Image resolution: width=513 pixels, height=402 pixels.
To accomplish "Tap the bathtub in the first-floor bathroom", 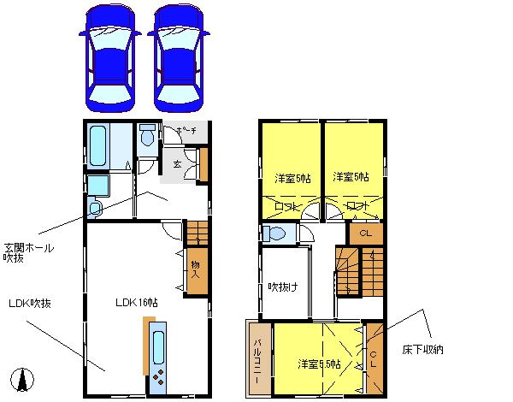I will coord(97,147).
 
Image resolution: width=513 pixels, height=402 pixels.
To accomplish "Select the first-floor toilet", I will coord(147,137).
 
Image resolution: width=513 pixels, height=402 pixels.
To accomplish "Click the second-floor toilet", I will coord(276,234).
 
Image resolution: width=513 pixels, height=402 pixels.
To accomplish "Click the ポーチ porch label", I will coord(186,131).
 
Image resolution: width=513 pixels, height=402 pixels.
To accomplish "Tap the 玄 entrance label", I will coord(176,163).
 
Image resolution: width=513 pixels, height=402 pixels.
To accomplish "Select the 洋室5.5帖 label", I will coord(318,364).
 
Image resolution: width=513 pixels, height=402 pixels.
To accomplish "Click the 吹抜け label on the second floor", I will coord(282,286).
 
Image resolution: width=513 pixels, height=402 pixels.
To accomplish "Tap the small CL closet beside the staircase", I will coord(365,233).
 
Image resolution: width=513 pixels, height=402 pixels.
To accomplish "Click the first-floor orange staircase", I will coord(198,232).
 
